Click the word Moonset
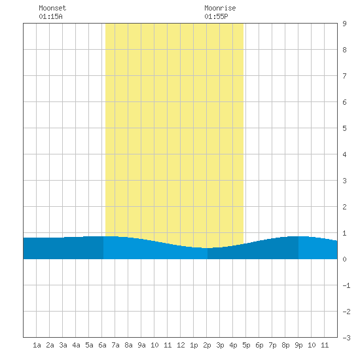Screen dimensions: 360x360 click(52, 8)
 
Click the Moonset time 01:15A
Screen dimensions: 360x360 click(50, 16)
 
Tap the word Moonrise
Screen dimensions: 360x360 click(220, 8)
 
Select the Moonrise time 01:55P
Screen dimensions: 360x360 click(216, 16)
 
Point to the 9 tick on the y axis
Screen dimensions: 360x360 click(344, 24)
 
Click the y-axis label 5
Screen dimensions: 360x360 click(344, 128)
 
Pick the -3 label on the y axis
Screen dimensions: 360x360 click(346, 338)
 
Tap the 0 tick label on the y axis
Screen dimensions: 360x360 click(344, 259)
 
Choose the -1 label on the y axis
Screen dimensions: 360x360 click(346, 285)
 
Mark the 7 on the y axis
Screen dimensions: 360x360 click(344, 76)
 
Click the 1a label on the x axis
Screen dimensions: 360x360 click(37, 345)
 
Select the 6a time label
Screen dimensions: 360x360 click(102, 345)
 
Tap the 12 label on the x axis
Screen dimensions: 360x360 click(181, 345)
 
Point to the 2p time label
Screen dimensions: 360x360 click(207, 345)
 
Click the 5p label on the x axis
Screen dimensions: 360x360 click(246, 345)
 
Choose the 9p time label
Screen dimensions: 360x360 click(298, 345)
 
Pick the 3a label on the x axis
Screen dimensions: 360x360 click(63, 345)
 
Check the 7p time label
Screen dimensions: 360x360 click(272, 345)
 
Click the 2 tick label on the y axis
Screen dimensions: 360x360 click(344, 207)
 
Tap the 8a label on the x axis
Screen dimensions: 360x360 click(128, 345)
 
